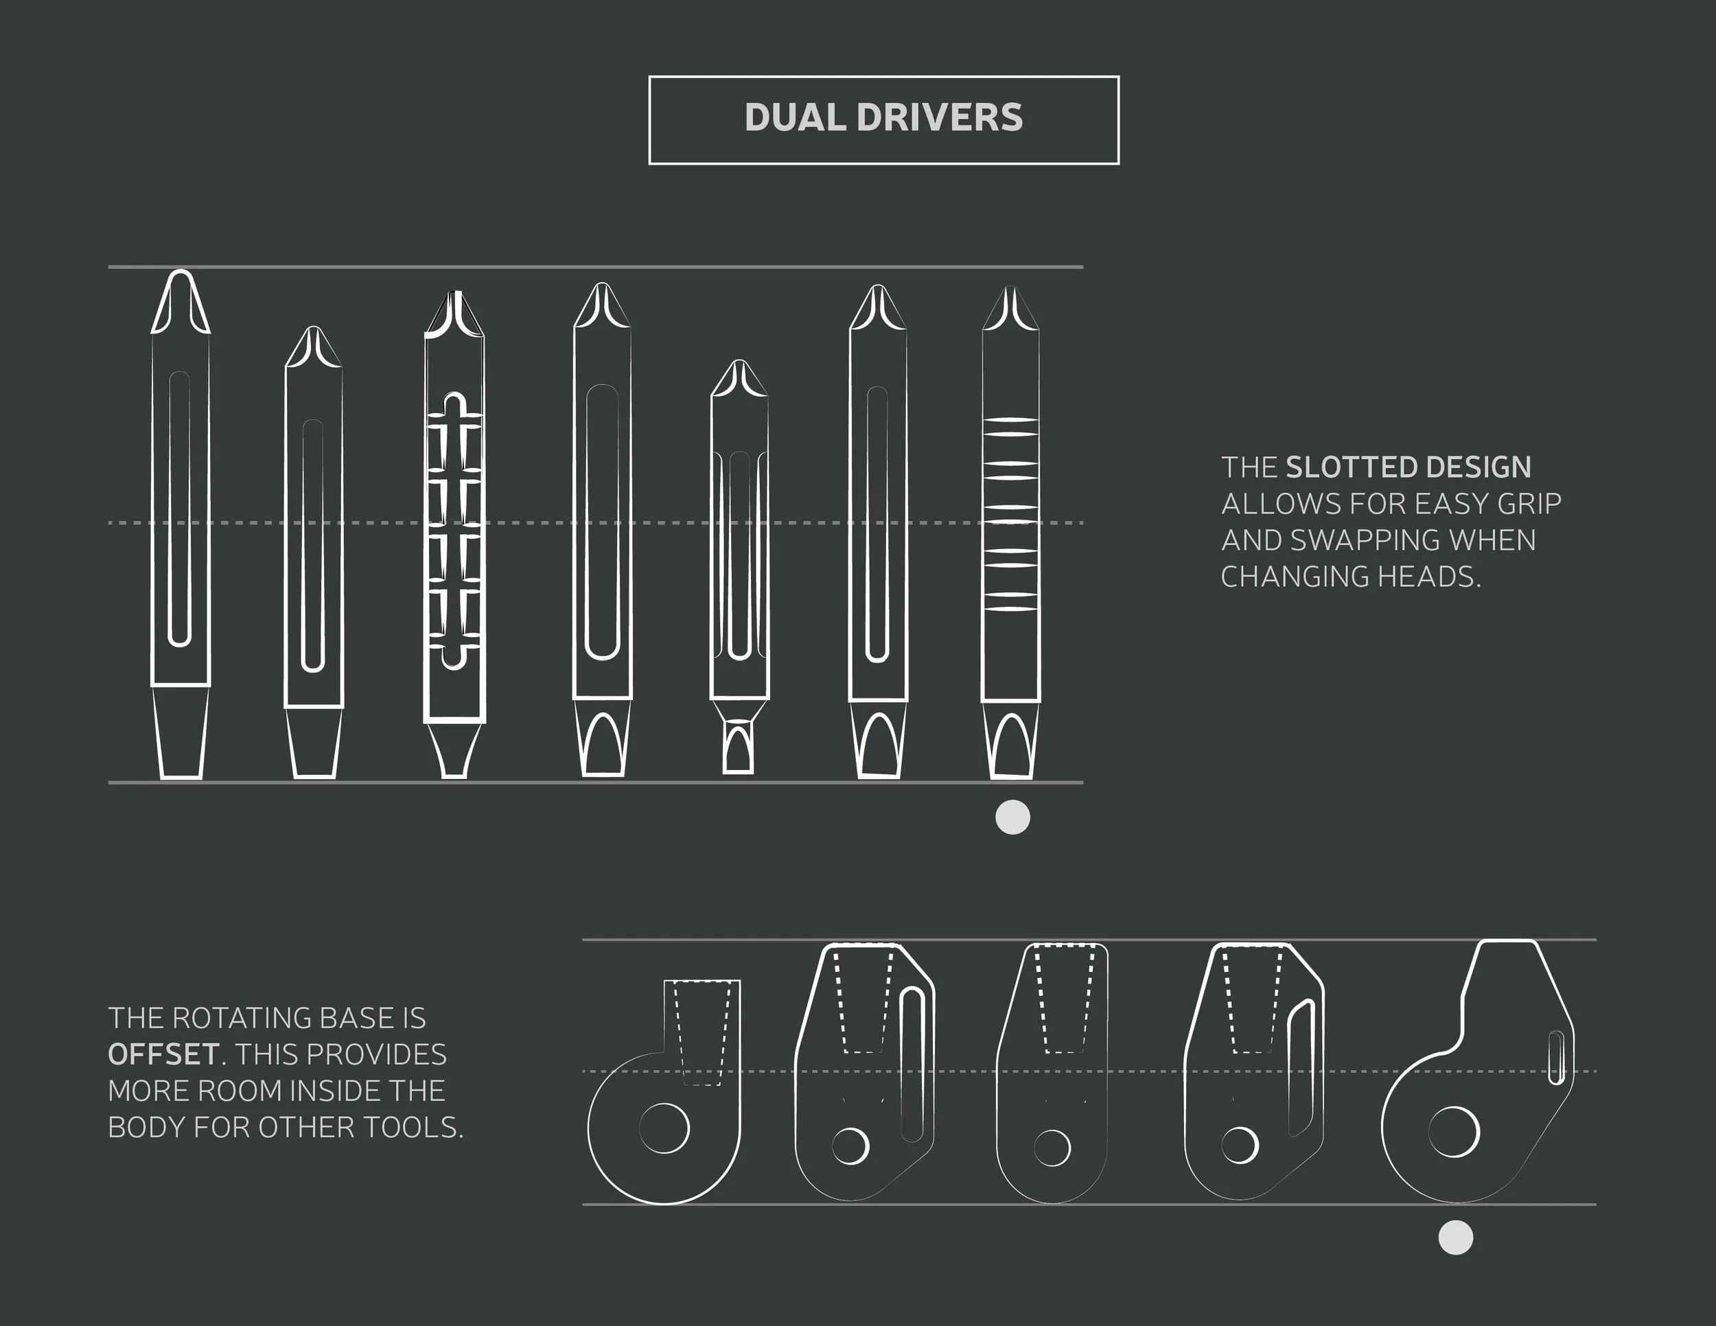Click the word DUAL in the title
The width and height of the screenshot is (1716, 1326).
pos(794,118)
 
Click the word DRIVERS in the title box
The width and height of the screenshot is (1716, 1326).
pos(940,118)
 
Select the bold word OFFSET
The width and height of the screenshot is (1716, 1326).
pos(163,1054)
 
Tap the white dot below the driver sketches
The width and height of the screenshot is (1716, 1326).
pos(1012,817)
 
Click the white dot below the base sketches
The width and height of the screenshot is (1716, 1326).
pos(1455,1238)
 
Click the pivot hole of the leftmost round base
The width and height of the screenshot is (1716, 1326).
pos(664,1128)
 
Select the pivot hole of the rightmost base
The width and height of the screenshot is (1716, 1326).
pos(1454,1132)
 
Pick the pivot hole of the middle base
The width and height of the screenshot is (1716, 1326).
pos(1052,1148)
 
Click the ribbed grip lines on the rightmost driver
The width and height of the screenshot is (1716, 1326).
pos(1010,515)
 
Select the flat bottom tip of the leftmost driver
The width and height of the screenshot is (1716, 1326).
pos(181,773)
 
